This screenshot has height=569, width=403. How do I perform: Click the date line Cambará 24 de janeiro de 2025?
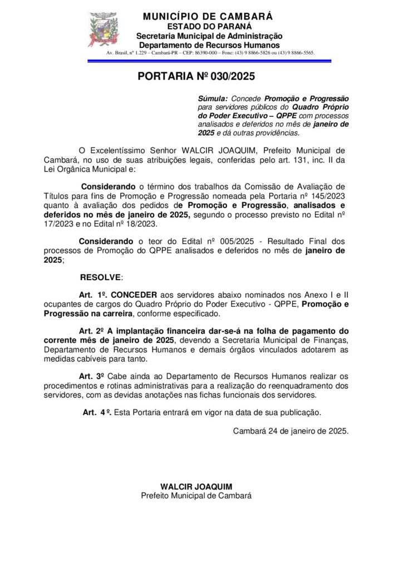click(x=291, y=430)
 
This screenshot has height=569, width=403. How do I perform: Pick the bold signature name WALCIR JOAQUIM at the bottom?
click(x=196, y=487)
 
